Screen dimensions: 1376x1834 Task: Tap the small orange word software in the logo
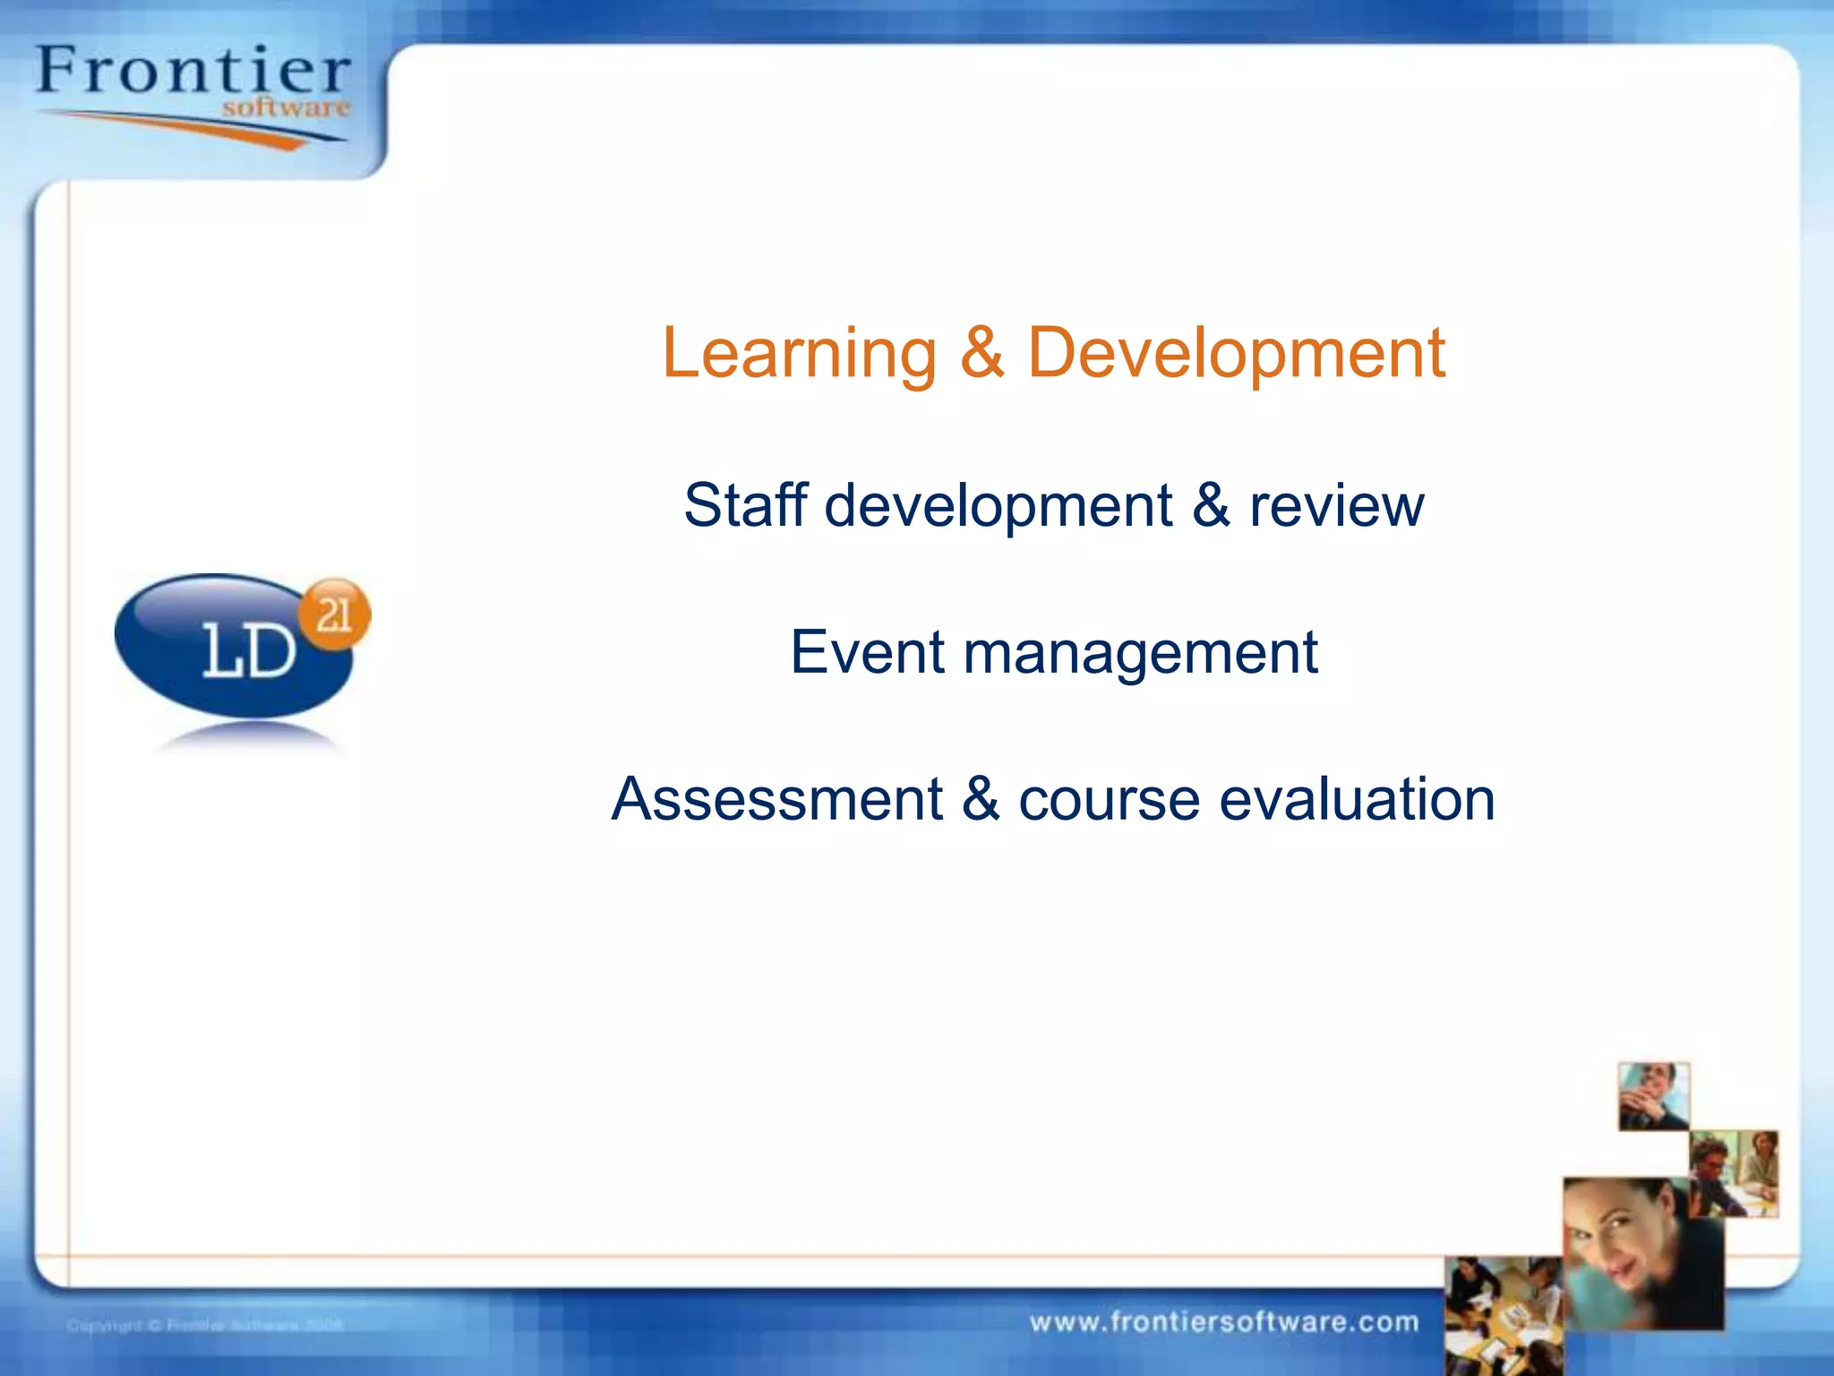[286, 108]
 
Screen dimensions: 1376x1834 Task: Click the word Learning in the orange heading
[799, 353]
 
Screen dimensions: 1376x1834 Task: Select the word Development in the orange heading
[1236, 353]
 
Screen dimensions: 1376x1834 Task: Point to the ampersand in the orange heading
[982, 353]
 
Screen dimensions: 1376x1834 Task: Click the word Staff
[745, 505]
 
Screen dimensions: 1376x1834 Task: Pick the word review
[1336, 507]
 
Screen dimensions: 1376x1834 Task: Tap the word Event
[866, 652]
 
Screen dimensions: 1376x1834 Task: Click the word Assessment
[776, 799]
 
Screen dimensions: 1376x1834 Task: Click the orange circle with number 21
[334, 615]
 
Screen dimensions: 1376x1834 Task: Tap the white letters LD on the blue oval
[248, 651]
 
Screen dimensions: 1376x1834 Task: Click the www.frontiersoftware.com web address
[1224, 1322]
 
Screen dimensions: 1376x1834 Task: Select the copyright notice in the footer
[205, 1325]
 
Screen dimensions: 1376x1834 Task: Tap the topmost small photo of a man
[1653, 1096]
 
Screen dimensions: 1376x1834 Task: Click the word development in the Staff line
[998, 507]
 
